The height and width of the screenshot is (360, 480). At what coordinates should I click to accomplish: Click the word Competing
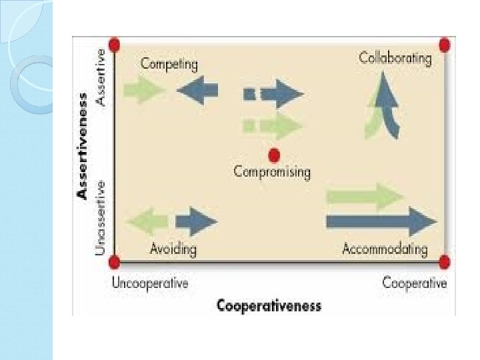169,65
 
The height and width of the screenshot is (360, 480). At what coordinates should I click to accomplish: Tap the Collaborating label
395,58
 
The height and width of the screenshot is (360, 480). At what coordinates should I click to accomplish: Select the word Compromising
272,172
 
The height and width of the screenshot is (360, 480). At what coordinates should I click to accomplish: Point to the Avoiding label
173,249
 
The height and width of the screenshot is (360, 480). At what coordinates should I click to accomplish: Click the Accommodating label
385,249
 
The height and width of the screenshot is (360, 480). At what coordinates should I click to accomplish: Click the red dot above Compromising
273,155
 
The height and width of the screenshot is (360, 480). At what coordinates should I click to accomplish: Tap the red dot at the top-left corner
114,45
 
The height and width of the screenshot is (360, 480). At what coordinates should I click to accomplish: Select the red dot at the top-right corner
445,45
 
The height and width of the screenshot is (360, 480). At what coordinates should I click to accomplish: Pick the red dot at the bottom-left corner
114,262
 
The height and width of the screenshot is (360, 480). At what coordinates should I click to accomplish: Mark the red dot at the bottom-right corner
445,262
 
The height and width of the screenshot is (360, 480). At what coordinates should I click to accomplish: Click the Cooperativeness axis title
269,306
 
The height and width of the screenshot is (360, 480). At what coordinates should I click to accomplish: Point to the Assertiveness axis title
83,145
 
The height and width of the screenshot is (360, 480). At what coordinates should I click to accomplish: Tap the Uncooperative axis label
150,283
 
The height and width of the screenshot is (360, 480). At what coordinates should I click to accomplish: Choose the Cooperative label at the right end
415,283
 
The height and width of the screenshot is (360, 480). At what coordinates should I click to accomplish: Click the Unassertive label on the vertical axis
100,216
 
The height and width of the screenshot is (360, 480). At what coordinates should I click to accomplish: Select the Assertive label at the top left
100,76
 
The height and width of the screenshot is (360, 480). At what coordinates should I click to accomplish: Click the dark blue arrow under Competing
198,90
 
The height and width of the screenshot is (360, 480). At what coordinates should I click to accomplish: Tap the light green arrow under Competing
144,90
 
